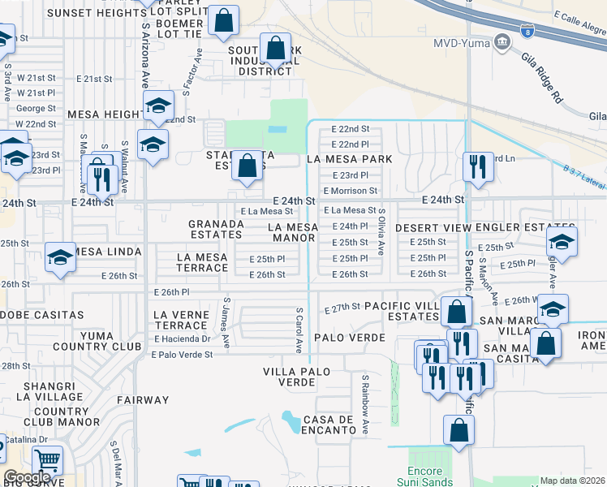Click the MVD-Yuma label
point(460,42)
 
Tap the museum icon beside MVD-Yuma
point(502,41)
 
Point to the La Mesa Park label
point(349,159)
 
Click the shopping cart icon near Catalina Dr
point(48,459)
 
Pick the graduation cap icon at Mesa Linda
point(60,259)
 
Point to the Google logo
point(26,478)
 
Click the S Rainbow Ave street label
point(365,403)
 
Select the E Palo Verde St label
point(182,354)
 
